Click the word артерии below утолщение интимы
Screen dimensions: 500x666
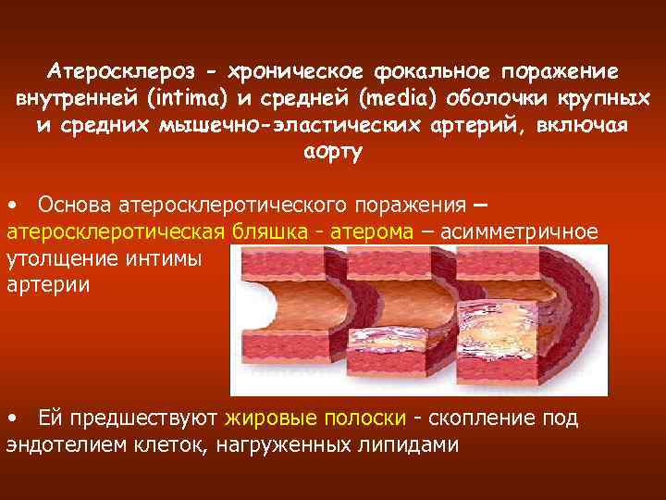pos(48,283)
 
